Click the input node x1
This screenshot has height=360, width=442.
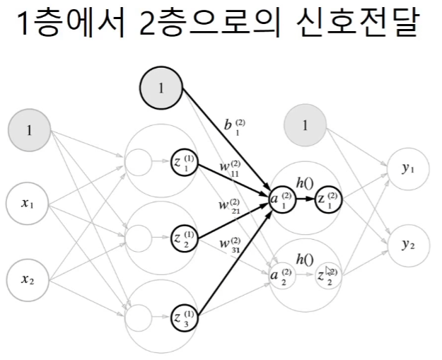tap(29, 204)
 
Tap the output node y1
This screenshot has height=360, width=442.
tap(407, 170)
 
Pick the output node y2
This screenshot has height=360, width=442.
tap(407, 244)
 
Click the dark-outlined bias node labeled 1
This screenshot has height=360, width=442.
tap(161, 88)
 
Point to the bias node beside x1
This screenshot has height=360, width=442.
tap(29, 130)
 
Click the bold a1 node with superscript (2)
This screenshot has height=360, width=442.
tap(281, 200)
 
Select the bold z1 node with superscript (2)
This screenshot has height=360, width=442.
tap(329, 200)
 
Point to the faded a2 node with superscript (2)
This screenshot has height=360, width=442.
tap(281, 275)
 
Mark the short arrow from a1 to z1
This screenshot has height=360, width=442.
tap(306, 200)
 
